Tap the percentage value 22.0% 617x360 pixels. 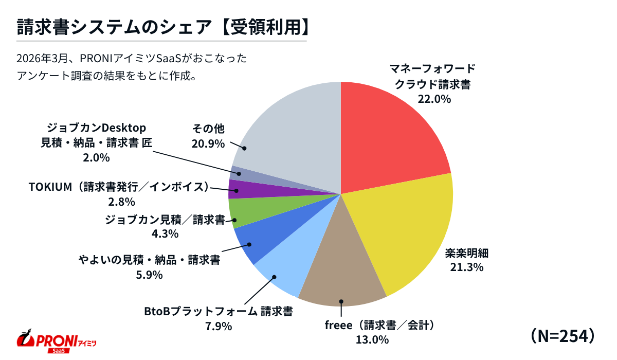(x=434, y=99)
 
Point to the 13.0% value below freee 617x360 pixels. (x=371, y=339)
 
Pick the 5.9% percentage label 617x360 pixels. (x=149, y=274)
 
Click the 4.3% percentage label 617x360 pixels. (x=164, y=234)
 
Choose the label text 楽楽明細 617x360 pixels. (x=466, y=253)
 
